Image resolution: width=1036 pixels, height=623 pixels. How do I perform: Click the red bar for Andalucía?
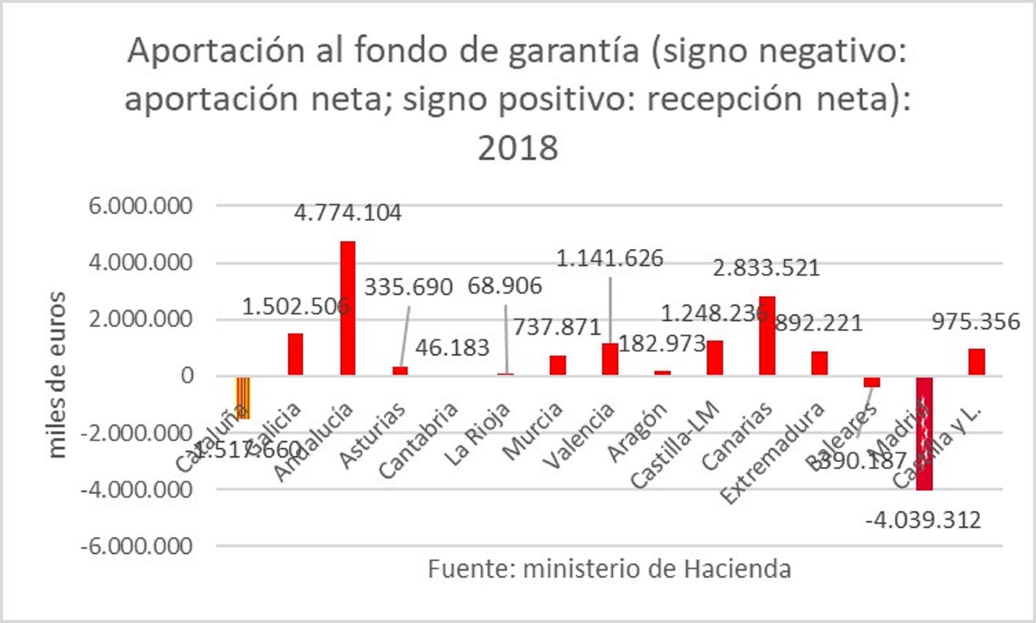(348, 308)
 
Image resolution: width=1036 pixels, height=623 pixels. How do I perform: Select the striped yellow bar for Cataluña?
(243, 398)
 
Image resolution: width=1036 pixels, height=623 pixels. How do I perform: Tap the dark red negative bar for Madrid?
(924, 434)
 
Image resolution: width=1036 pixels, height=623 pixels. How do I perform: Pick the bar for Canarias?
(767, 336)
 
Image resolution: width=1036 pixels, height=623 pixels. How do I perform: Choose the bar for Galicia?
(296, 354)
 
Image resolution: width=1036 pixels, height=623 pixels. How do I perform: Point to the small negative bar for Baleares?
(871, 382)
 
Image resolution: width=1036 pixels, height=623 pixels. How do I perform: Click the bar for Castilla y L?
(977, 362)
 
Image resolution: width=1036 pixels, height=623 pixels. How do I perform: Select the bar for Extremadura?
(819, 363)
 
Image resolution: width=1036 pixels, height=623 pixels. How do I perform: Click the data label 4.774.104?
(348, 213)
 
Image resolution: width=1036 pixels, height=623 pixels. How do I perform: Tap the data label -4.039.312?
(923, 520)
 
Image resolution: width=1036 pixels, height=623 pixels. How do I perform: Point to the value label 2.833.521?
(766, 268)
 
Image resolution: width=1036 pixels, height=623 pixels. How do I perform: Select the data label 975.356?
(975, 322)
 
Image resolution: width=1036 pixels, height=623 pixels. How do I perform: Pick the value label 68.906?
(505, 286)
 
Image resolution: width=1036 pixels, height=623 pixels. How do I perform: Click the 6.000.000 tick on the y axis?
(141, 206)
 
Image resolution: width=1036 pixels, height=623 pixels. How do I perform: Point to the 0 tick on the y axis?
(187, 376)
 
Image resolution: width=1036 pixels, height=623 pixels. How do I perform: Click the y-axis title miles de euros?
(57, 375)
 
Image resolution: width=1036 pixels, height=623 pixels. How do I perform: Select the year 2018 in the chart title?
(518, 148)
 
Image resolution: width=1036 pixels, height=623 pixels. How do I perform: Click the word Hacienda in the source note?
(738, 569)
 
